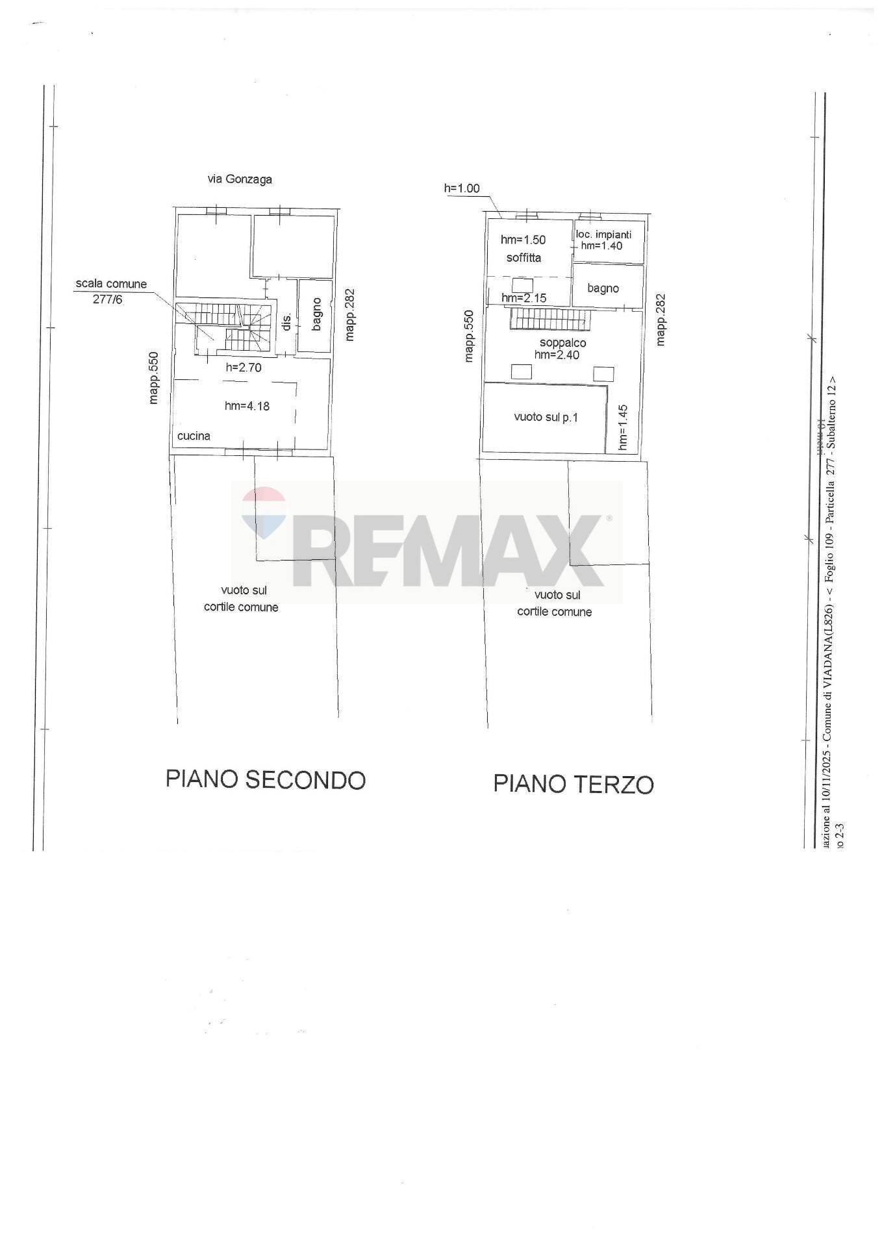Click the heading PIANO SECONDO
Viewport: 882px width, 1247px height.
(266, 779)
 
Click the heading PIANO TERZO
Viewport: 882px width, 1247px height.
(573, 784)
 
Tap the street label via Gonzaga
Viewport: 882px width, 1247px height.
(239, 179)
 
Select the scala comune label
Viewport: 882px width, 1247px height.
(111, 284)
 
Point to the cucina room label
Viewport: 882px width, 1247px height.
(194, 436)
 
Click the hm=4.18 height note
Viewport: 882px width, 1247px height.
(247, 406)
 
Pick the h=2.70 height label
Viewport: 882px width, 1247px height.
(244, 368)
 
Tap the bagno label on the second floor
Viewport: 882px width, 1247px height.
(317, 314)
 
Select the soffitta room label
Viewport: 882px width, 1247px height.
(523, 257)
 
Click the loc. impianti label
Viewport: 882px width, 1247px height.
(603, 234)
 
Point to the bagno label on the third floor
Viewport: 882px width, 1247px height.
(603, 288)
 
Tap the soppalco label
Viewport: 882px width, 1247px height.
(562, 343)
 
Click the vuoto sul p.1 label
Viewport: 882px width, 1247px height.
(546, 417)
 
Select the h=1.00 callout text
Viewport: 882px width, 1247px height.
(462, 188)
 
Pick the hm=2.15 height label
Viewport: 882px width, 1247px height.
(523, 298)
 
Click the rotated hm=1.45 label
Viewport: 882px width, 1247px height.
(623, 427)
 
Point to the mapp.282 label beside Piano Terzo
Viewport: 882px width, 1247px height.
(661, 320)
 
